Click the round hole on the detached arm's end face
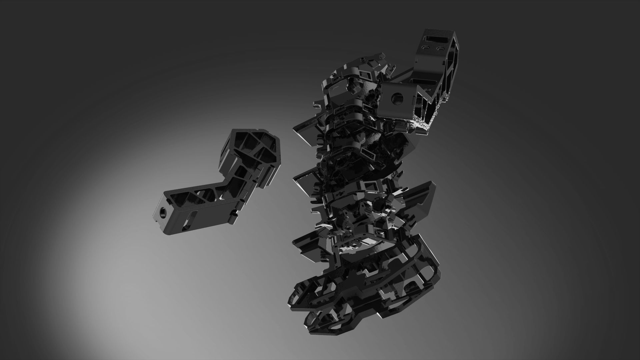coord(163,211)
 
